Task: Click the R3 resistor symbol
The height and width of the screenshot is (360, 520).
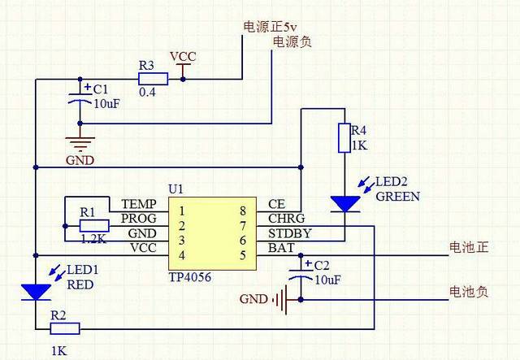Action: [x=153, y=79]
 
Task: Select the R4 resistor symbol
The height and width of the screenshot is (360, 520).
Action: [x=344, y=137]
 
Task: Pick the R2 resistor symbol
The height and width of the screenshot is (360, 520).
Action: [x=65, y=328]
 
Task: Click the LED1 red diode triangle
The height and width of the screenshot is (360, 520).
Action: [x=36, y=290]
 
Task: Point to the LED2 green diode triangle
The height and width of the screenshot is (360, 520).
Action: [x=344, y=203]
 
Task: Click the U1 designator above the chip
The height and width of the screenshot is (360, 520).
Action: [x=176, y=188]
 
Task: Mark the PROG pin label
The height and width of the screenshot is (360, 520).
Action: [x=138, y=218]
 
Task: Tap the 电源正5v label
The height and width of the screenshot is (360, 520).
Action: [x=271, y=26]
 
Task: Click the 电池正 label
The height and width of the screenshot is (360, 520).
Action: [x=469, y=246]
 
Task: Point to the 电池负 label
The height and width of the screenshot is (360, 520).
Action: [x=469, y=291]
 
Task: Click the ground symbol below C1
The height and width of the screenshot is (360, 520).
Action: [x=80, y=140]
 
